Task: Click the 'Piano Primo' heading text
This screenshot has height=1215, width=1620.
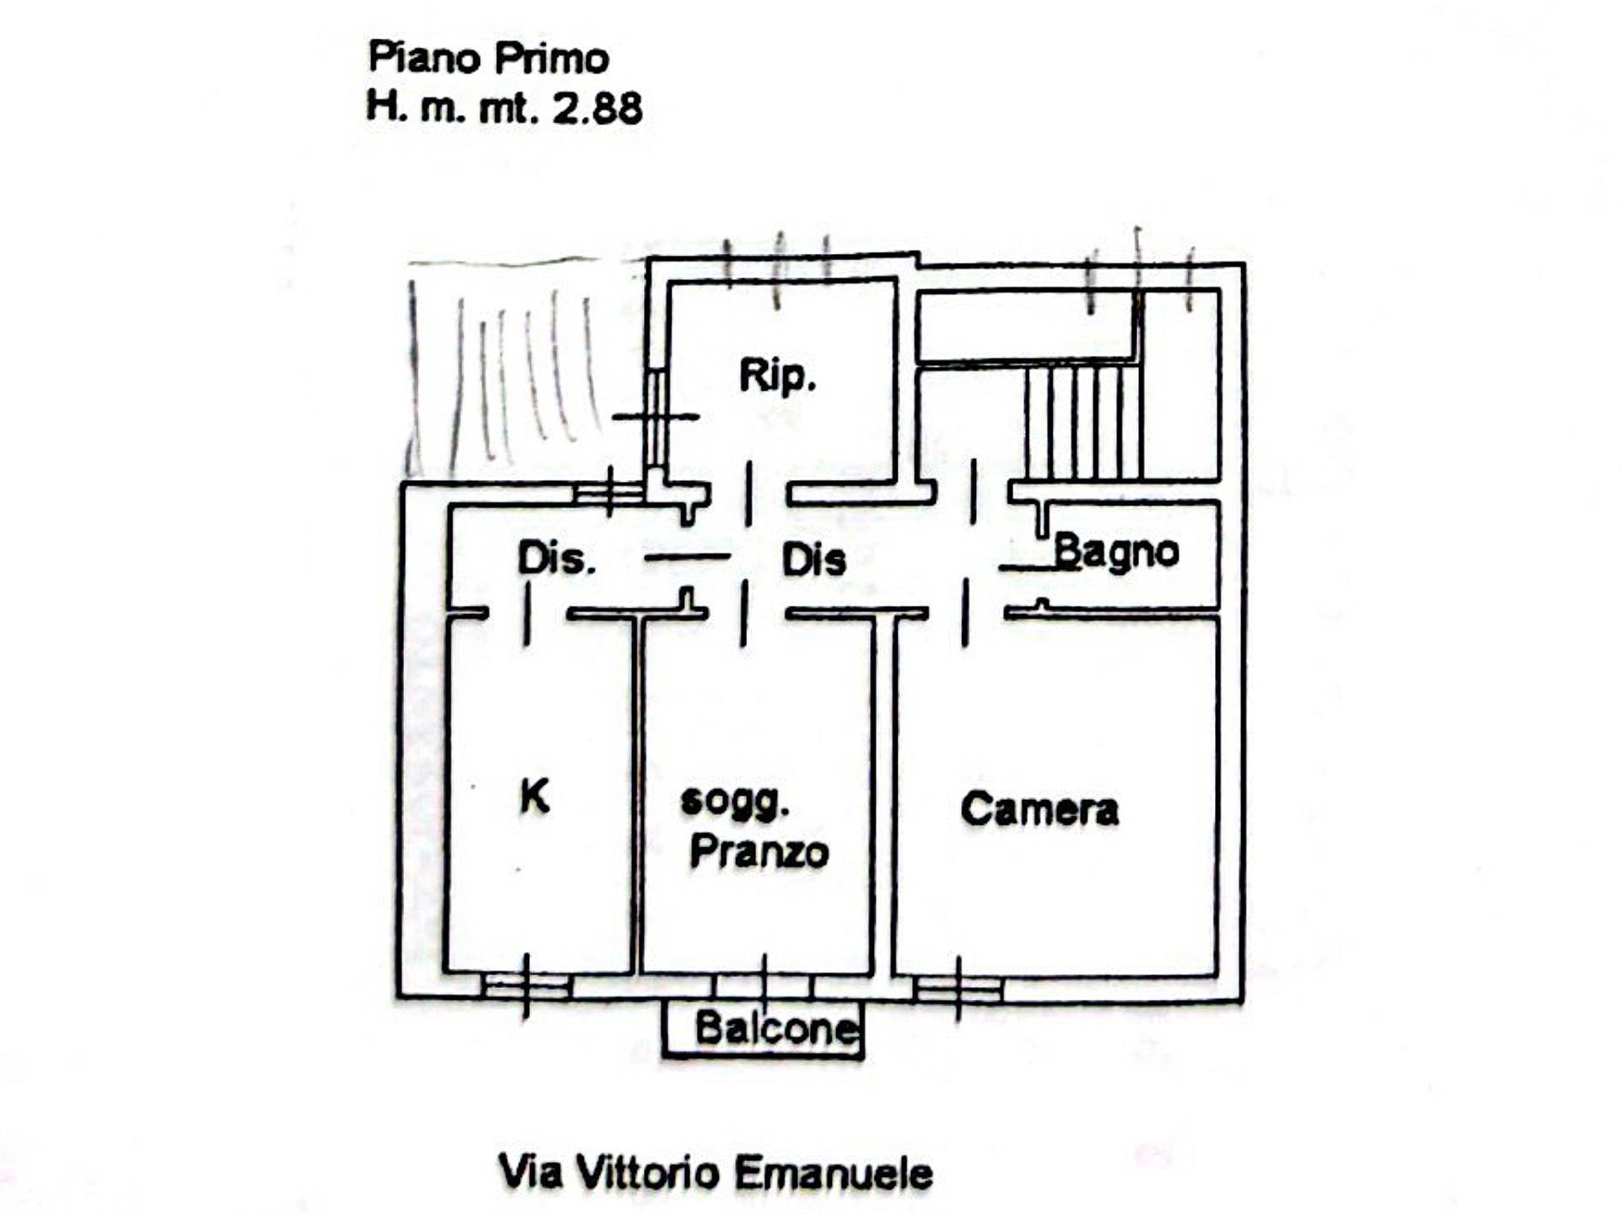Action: [x=489, y=58]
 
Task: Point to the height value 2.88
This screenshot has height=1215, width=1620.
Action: [x=597, y=109]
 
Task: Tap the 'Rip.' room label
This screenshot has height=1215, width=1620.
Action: [x=777, y=375]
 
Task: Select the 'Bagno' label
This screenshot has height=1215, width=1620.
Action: [x=1115, y=553]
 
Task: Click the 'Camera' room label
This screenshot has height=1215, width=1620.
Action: [x=1039, y=809]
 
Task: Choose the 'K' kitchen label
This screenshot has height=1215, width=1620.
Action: [x=535, y=796]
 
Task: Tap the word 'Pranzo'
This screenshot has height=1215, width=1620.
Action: [x=759, y=851]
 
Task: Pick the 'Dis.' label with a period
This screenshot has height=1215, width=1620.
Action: [x=556, y=559]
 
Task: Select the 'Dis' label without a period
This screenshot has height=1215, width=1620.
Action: [x=813, y=560]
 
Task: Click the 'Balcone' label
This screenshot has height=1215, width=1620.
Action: [x=775, y=1028]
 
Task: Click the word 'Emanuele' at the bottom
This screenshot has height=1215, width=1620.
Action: [x=834, y=1173]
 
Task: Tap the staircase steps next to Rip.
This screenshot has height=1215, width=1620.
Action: [x=1083, y=422]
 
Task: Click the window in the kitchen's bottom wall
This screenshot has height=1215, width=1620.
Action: [x=526, y=986]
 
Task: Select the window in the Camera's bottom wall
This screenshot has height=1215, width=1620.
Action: [x=958, y=988]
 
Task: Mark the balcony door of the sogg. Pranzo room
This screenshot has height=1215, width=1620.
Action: [x=764, y=985]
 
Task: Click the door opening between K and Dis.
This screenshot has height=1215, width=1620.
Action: [x=527, y=614]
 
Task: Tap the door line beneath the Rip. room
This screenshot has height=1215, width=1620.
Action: [x=748, y=494]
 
